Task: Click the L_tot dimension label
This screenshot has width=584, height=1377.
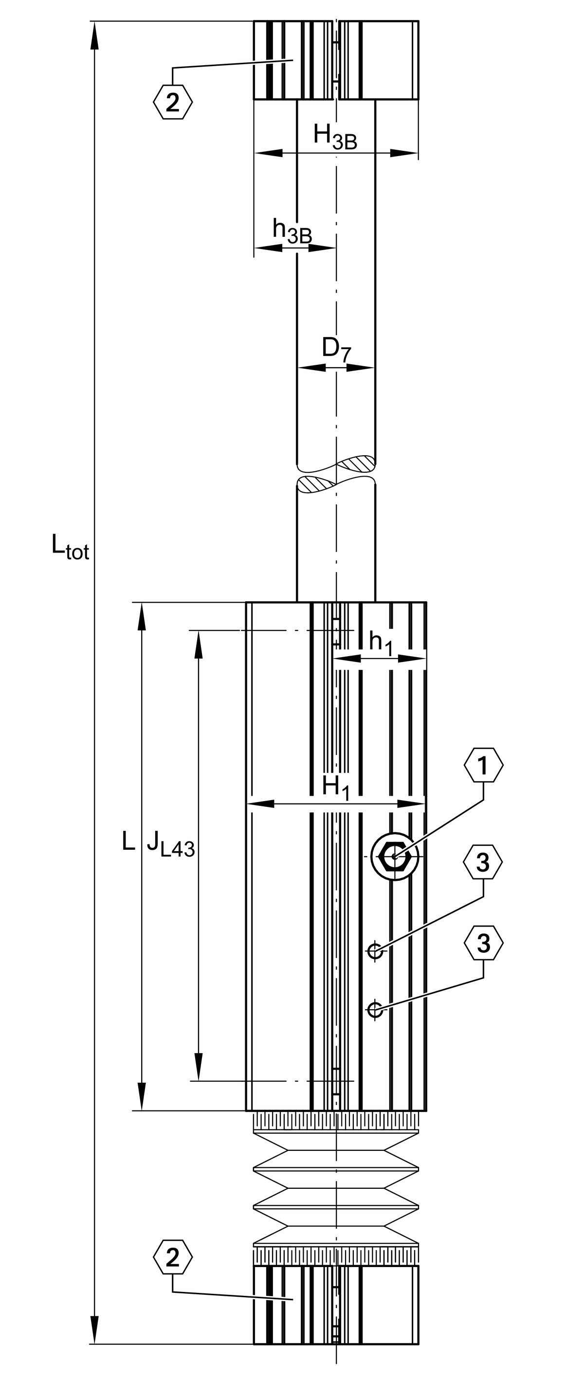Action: (70, 546)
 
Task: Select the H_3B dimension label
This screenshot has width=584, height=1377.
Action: (335, 136)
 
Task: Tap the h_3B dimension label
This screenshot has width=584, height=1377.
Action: (292, 231)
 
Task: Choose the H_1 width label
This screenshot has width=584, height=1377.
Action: (335, 788)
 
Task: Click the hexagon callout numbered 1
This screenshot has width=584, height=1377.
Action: (483, 766)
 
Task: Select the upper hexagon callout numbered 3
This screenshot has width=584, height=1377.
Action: (483, 862)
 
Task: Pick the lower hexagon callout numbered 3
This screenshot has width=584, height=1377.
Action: (483, 944)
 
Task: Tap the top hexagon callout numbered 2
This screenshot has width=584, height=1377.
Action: (173, 102)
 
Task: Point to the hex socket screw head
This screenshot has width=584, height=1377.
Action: (395, 857)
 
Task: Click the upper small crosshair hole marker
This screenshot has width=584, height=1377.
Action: (375, 951)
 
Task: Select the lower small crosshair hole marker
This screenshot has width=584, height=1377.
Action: (375, 1009)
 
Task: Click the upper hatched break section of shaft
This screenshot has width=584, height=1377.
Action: (357, 464)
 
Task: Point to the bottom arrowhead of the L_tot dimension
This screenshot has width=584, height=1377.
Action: (95, 1329)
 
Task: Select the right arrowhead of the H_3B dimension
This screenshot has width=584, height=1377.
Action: (404, 153)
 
